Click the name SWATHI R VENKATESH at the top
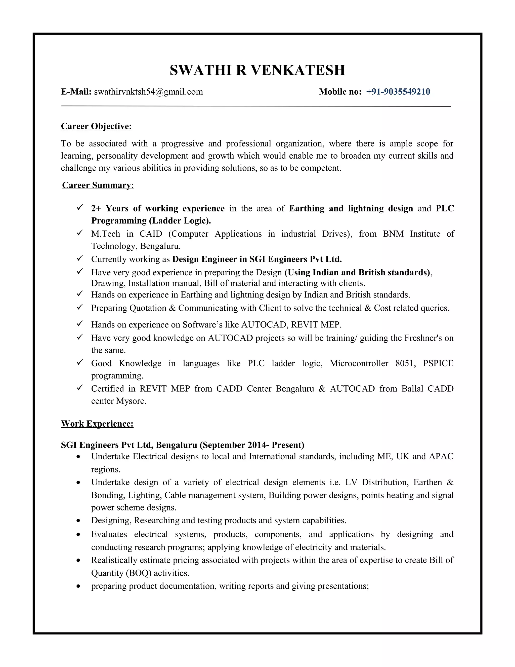(x=257, y=70)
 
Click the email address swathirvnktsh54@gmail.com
(x=148, y=92)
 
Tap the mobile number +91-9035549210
(x=398, y=92)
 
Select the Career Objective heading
(x=96, y=126)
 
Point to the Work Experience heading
(x=97, y=424)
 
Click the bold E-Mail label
(x=76, y=92)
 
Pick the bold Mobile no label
(x=340, y=92)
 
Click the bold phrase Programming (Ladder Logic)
(x=151, y=220)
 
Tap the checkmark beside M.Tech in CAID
(x=80, y=233)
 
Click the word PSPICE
(x=438, y=363)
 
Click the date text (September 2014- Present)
(x=252, y=445)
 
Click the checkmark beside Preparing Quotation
(x=80, y=307)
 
